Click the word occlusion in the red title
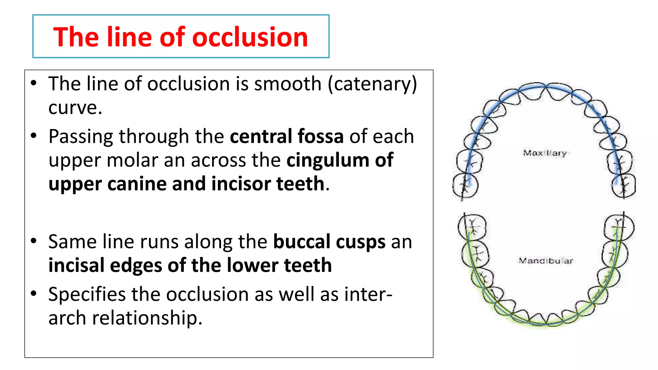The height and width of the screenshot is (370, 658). coord(250,37)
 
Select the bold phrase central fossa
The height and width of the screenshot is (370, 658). coord(287,137)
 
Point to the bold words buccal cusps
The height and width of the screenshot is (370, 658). coord(329,242)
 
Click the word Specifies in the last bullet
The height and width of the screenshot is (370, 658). coord(87,295)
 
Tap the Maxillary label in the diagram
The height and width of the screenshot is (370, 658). coord(545,153)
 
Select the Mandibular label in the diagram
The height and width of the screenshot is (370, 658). coord(546,260)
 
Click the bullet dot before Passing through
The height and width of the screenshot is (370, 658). coord(34,136)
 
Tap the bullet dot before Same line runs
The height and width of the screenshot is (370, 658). coord(34,241)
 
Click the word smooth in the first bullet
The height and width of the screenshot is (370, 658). coord(288,84)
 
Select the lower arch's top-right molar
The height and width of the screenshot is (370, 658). coord(619,227)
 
